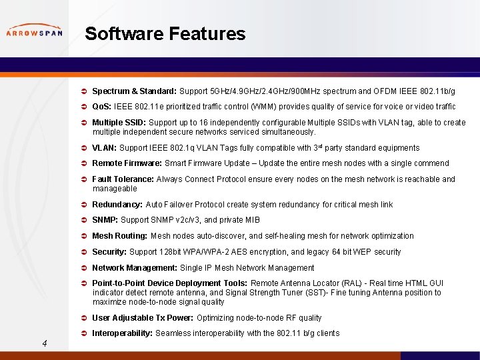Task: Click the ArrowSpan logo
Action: click(x=34, y=32)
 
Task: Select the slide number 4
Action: click(x=43, y=343)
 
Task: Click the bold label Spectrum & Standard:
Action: click(x=134, y=91)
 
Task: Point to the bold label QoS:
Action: click(x=102, y=107)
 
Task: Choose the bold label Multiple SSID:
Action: click(x=119, y=123)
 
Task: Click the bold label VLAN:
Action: click(x=105, y=148)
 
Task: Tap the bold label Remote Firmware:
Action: click(x=127, y=163)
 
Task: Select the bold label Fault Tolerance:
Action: click(x=123, y=179)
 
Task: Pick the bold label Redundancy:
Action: click(x=117, y=205)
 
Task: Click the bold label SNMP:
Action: click(x=105, y=220)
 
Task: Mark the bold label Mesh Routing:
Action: click(x=120, y=236)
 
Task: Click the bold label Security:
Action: click(x=109, y=252)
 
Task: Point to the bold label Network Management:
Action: click(x=135, y=268)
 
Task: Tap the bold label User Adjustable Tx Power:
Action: click(x=142, y=318)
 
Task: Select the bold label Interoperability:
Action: click(x=123, y=333)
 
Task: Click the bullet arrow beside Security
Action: click(x=84, y=252)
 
